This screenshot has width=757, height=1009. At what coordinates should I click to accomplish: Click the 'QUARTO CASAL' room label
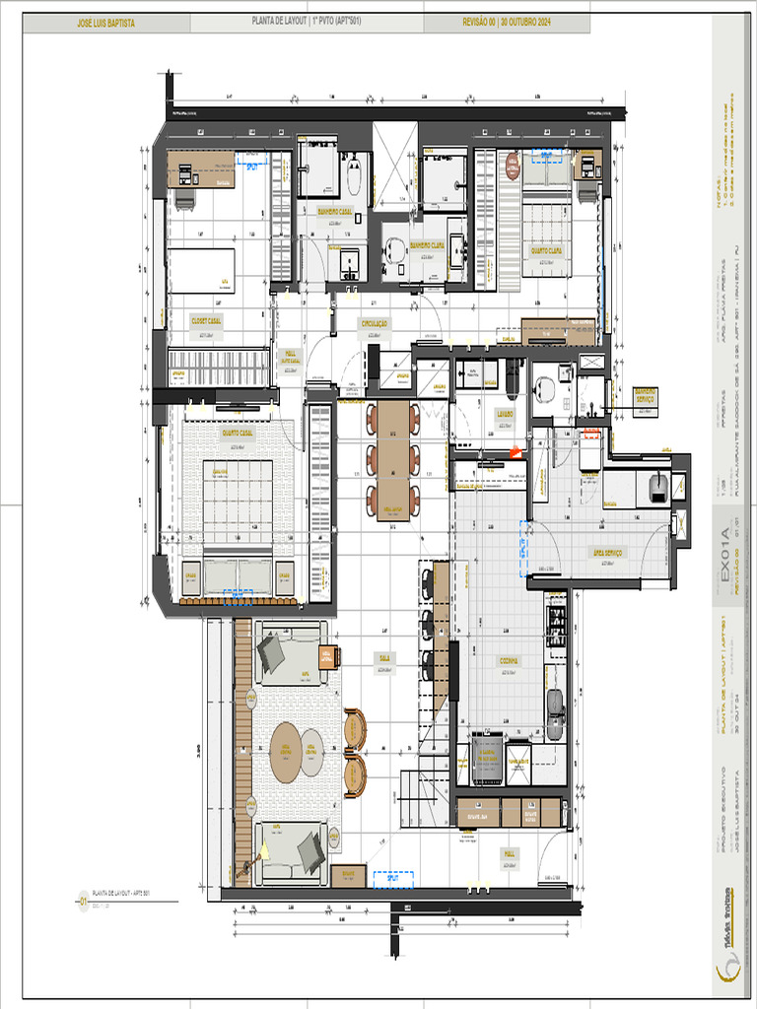coord(238,433)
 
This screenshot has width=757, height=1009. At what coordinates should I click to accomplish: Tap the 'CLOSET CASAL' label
coord(206,320)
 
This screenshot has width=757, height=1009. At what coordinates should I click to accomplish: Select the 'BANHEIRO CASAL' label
coord(335,212)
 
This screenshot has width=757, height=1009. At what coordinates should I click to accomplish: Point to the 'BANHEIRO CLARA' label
coord(427,245)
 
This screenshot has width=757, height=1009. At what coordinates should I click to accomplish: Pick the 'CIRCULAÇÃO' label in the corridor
coord(374,323)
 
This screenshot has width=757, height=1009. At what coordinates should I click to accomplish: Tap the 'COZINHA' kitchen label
coord(508,661)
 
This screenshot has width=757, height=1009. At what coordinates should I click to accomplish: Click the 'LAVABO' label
coord(503,415)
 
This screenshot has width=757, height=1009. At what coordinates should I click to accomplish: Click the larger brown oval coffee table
coord(286,752)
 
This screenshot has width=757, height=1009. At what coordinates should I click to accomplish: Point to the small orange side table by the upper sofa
coord(328,656)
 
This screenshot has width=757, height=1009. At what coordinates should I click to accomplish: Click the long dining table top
coord(391,458)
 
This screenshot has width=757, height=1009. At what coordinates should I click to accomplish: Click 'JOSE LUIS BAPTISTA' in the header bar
coord(105,23)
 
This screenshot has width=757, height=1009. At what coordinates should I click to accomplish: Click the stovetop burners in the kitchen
coord(557,627)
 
